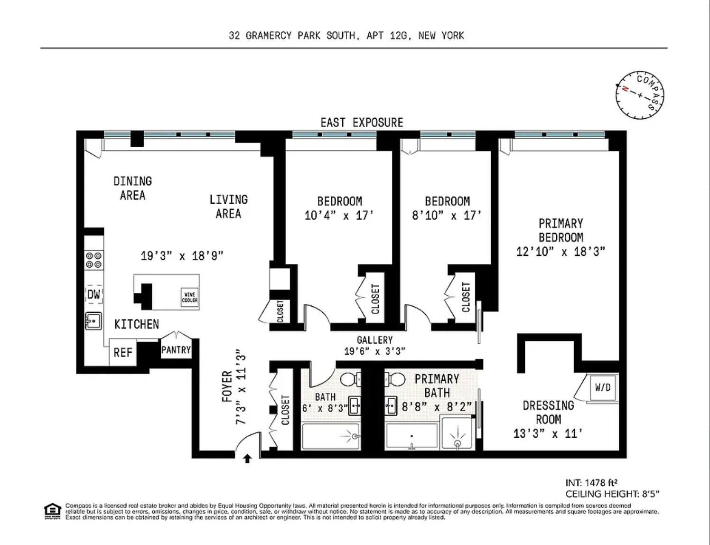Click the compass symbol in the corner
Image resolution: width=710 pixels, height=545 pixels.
pyautogui.click(x=640, y=95)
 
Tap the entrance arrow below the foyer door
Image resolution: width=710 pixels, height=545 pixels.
pyautogui.click(x=247, y=459)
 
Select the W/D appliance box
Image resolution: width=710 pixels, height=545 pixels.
pyautogui.click(x=603, y=387)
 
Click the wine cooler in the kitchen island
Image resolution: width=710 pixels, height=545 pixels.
pyautogui.click(x=189, y=297)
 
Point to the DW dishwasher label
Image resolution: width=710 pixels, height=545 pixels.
pyautogui.click(x=94, y=294)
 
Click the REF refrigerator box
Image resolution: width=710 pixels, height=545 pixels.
pyautogui.click(x=123, y=352)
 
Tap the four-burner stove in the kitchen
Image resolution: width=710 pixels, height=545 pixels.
pyautogui.click(x=93, y=260)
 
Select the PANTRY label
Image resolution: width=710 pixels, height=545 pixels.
pyautogui.click(x=176, y=350)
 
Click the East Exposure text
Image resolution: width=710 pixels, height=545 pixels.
pyautogui.click(x=362, y=122)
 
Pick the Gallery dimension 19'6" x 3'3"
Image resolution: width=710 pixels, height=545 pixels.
pyautogui.click(x=374, y=351)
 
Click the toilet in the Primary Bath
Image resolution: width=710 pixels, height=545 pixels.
pyautogui.click(x=395, y=379)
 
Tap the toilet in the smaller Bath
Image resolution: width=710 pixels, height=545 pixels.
pyautogui.click(x=351, y=379)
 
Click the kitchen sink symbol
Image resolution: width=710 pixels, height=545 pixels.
pyautogui.click(x=93, y=321)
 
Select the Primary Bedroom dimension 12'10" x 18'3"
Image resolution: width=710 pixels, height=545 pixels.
pyautogui.click(x=561, y=252)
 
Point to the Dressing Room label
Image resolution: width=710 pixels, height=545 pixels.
pyautogui.click(x=548, y=412)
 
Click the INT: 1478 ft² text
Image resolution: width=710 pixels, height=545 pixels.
pyautogui.click(x=591, y=483)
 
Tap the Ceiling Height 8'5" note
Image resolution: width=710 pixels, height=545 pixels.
pyautogui.click(x=612, y=494)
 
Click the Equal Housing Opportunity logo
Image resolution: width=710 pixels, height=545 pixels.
pyautogui.click(x=53, y=511)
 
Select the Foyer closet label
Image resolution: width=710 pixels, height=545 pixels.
pyautogui.click(x=285, y=410)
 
